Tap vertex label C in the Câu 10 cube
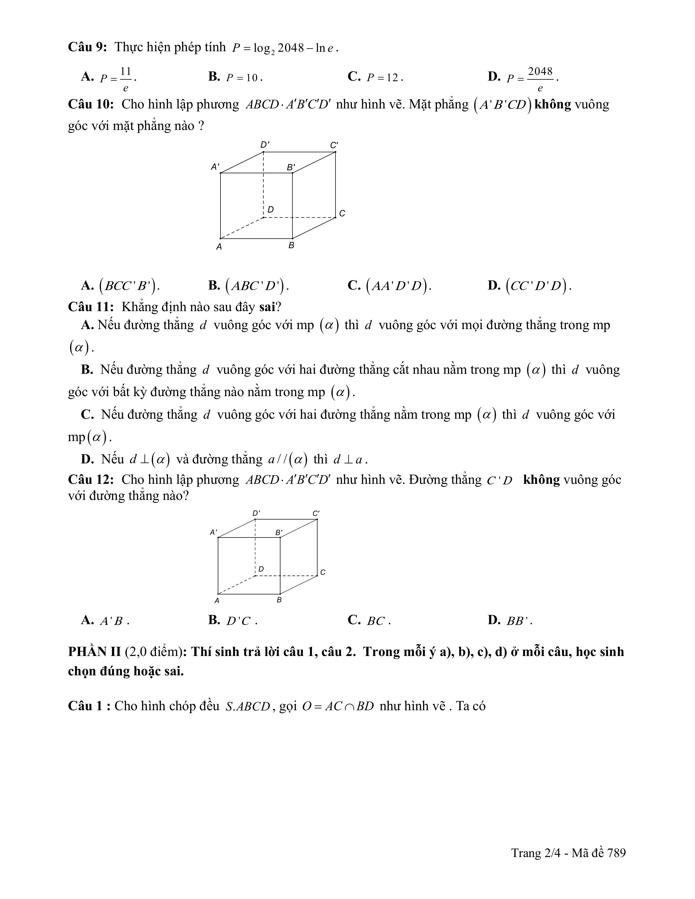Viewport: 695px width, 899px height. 342,213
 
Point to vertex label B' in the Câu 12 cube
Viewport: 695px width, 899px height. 279,533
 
